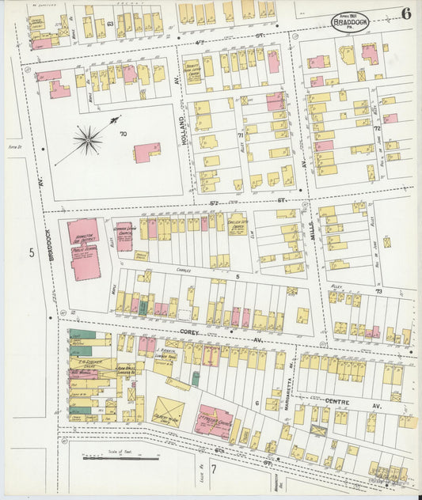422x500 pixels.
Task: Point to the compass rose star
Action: pos(89,141)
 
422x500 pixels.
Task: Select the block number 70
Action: pos(123,134)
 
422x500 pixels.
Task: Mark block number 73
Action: pos(378,292)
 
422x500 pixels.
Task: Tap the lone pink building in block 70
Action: pos(146,152)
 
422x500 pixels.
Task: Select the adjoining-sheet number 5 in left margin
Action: pos(32,253)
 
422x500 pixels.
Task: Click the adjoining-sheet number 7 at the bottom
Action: pos(211,472)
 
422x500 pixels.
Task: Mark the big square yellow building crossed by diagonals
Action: pos(168,412)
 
